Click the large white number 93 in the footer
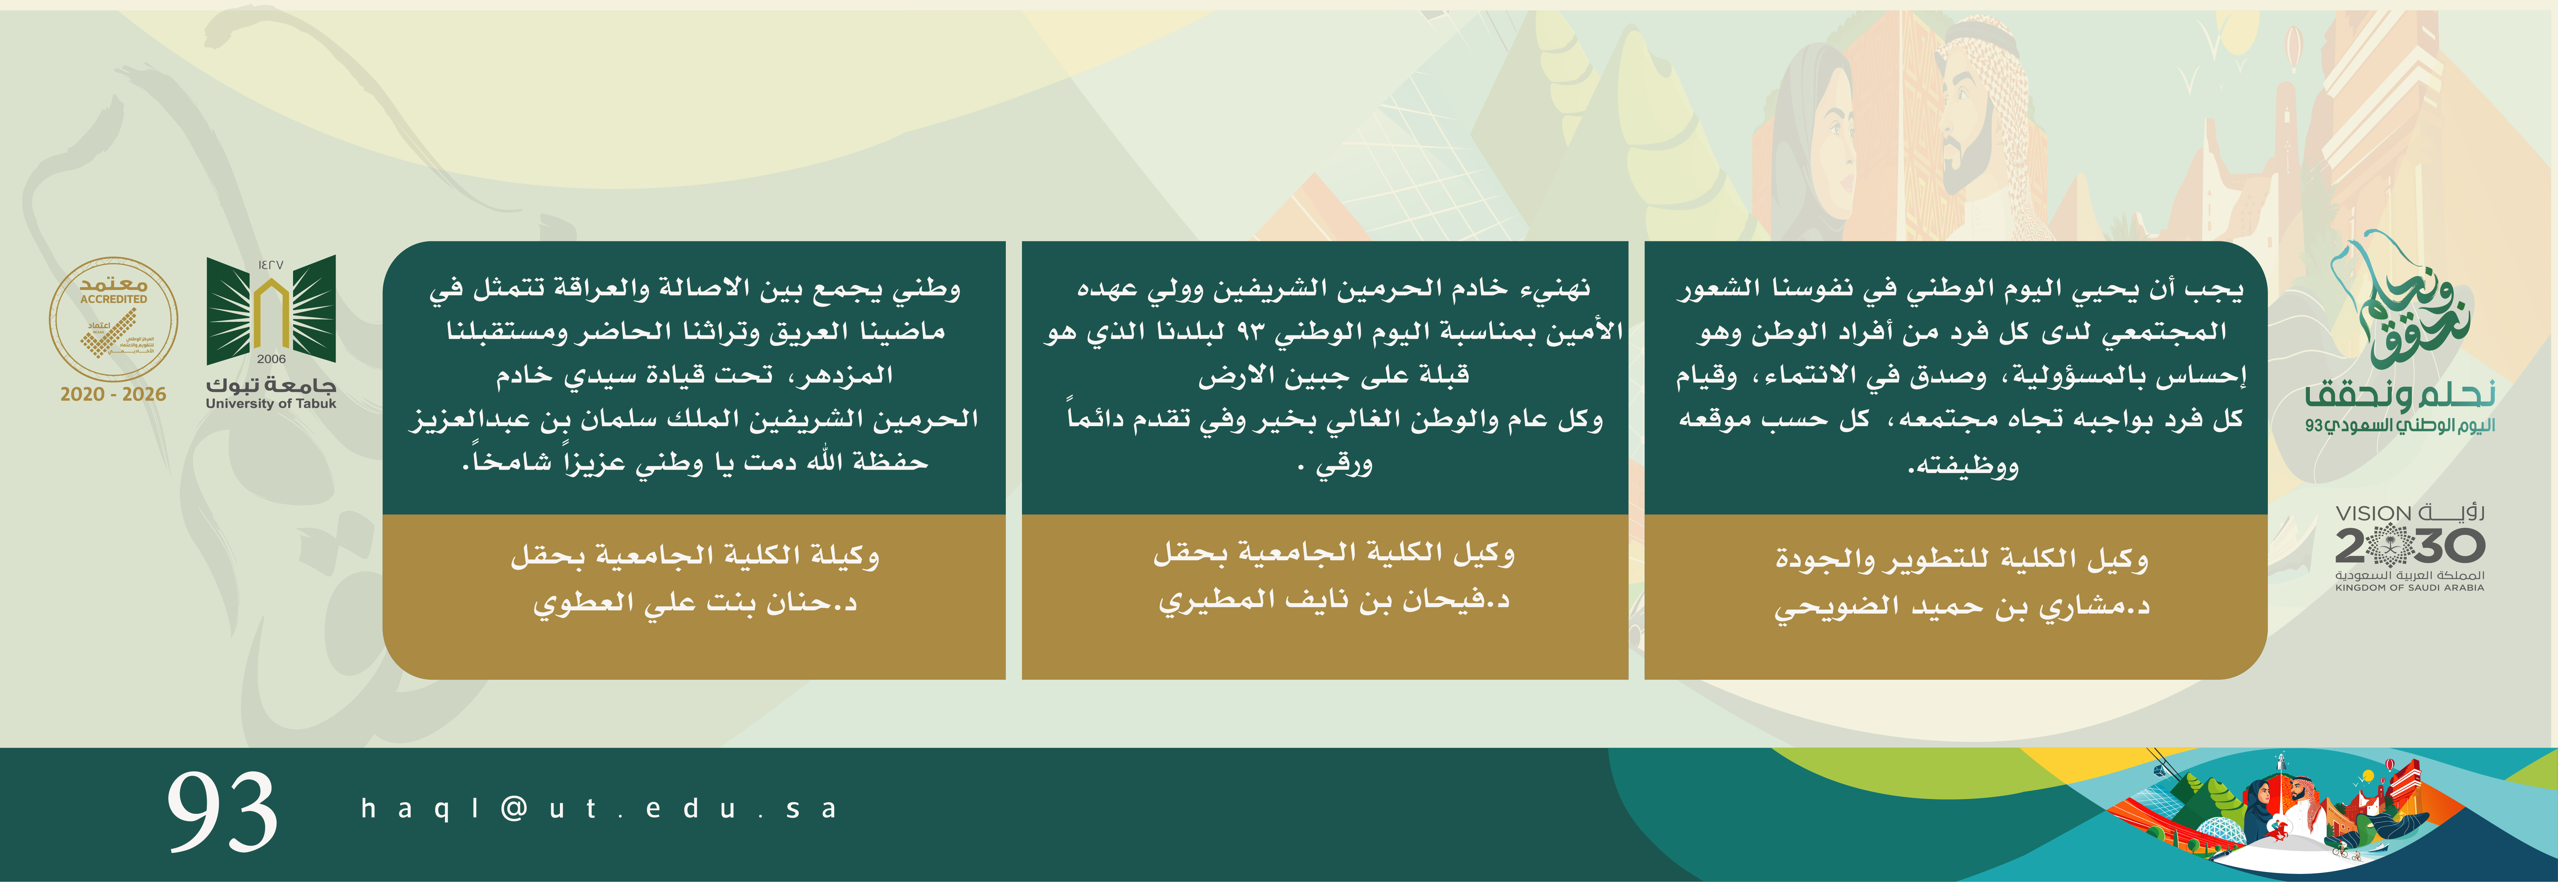(x=222, y=812)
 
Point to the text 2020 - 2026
(x=113, y=394)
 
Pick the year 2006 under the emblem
(x=271, y=359)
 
